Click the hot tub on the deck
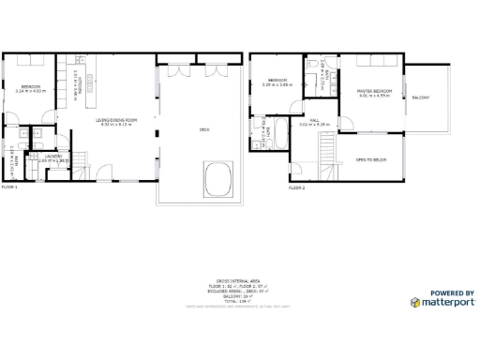click(217, 178)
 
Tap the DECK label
click(204, 129)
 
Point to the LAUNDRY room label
click(53, 157)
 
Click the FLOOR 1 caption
click(9, 187)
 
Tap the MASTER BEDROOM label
click(374, 92)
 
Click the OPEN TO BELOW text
click(371, 159)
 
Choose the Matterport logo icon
click(415, 302)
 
